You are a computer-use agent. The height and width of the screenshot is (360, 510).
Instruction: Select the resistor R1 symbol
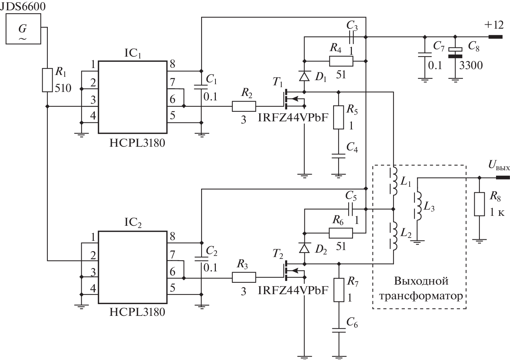tap(47, 80)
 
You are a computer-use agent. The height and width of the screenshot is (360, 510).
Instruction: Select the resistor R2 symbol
tap(243, 107)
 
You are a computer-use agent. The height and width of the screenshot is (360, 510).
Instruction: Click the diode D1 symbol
tap(304, 76)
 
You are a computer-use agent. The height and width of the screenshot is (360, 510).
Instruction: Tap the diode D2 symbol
tap(304, 249)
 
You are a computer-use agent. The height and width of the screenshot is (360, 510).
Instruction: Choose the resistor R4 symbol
tap(341, 61)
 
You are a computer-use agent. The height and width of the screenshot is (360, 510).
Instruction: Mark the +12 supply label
tap(493, 25)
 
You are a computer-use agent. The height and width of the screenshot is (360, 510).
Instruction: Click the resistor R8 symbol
tap(479, 204)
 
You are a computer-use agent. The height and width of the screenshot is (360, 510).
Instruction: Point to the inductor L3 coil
tap(418, 206)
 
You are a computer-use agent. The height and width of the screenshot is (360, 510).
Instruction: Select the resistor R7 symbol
tap(338, 290)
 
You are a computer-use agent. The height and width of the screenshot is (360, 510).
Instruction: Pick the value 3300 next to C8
tap(471, 66)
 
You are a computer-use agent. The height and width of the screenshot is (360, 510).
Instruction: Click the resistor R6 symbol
tap(341, 233)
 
